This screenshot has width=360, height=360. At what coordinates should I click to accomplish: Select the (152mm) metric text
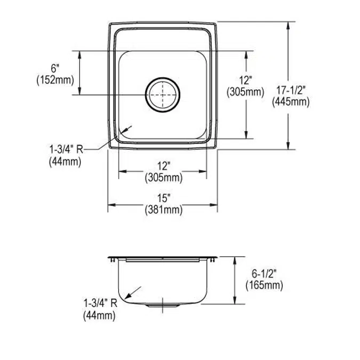55,80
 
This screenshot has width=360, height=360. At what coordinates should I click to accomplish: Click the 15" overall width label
163,198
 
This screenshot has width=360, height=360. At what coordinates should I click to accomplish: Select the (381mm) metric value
163,210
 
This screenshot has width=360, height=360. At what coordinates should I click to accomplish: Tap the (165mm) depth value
264,286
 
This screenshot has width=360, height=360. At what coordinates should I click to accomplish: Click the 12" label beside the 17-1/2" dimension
245,81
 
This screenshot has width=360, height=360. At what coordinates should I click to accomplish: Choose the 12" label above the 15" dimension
163,166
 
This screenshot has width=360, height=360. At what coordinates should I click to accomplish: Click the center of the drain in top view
163,95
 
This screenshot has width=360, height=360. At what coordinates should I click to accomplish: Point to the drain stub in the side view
163,306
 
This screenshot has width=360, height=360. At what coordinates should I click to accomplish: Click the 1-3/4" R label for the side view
100,305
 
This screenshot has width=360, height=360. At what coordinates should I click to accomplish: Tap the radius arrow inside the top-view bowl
126,129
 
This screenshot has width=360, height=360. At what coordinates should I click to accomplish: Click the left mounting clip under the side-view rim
113,260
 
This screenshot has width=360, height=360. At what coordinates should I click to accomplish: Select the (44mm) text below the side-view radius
99,316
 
